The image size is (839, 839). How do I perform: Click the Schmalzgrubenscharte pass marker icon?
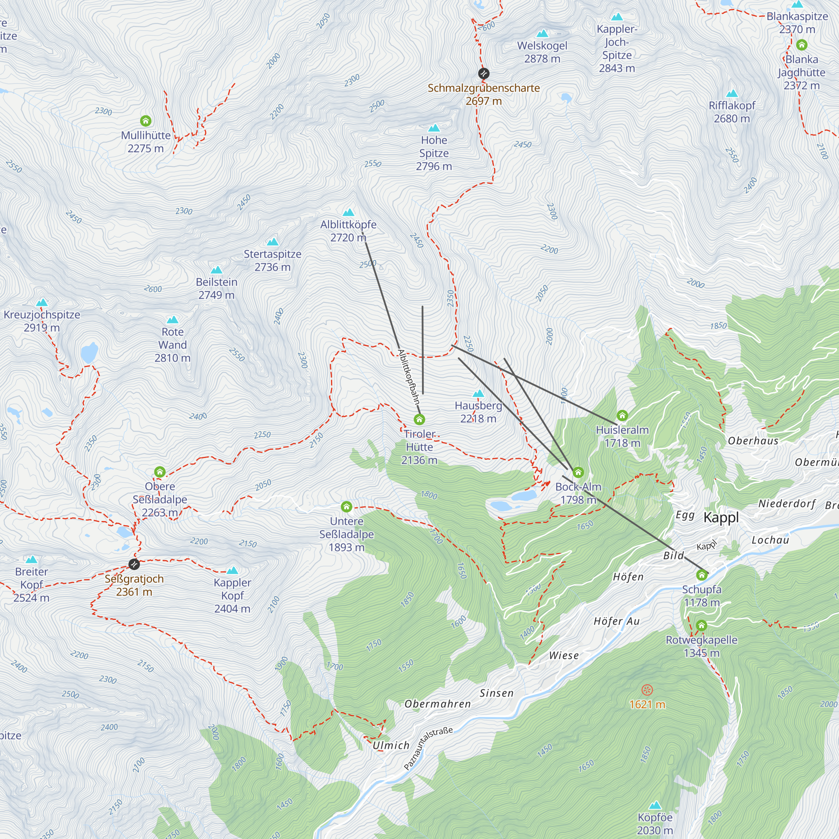[x=483, y=73]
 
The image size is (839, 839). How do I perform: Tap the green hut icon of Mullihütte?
[x=146, y=121]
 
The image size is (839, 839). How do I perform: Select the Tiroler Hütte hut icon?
[x=419, y=419]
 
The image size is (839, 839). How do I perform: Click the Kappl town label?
[x=721, y=517]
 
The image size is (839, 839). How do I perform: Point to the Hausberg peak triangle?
[x=478, y=393]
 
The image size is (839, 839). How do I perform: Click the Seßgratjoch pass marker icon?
[x=134, y=564]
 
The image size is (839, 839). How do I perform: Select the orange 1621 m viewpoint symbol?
[x=647, y=690]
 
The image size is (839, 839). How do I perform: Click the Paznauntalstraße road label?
[x=428, y=748]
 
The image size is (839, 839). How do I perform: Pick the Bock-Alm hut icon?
[x=578, y=472]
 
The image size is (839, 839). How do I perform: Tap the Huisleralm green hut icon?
[x=622, y=416]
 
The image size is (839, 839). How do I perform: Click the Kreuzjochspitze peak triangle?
[x=42, y=302]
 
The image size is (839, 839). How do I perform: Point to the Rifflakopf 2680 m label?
[x=732, y=112]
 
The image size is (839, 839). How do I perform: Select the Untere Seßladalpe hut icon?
[x=346, y=507]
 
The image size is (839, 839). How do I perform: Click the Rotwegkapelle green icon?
[x=701, y=626]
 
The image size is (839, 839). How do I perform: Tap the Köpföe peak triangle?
[x=655, y=805]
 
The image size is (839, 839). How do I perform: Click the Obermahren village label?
[x=437, y=704]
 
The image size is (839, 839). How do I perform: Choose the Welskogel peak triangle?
[x=542, y=34]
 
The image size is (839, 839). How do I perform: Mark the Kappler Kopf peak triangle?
[x=232, y=570]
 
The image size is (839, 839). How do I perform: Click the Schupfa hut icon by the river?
[x=701, y=576]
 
